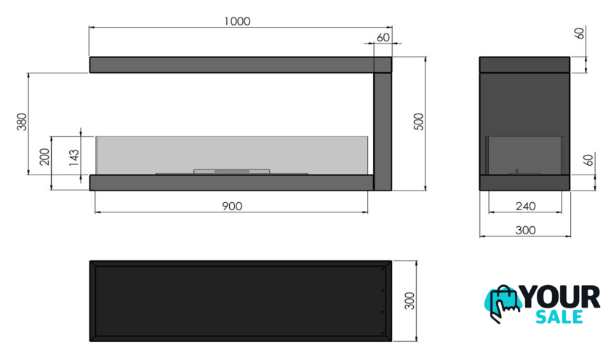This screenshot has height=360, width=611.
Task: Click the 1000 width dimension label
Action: tap(237, 21)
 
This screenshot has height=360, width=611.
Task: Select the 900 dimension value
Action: tap(232, 206)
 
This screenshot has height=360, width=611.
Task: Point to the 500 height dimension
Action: tap(418, 121)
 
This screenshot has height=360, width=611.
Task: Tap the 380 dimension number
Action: tap(22, 121)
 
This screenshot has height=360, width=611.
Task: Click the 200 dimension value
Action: tap(45, 156)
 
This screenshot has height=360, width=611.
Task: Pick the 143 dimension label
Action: tap(74, 157)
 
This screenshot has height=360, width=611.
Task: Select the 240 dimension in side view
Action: tap(525, 206)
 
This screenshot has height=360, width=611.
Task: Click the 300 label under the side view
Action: tap(525, 231)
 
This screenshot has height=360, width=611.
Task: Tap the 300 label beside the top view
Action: tap(410, 301)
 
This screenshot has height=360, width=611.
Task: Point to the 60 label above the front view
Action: tap(383, 37)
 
